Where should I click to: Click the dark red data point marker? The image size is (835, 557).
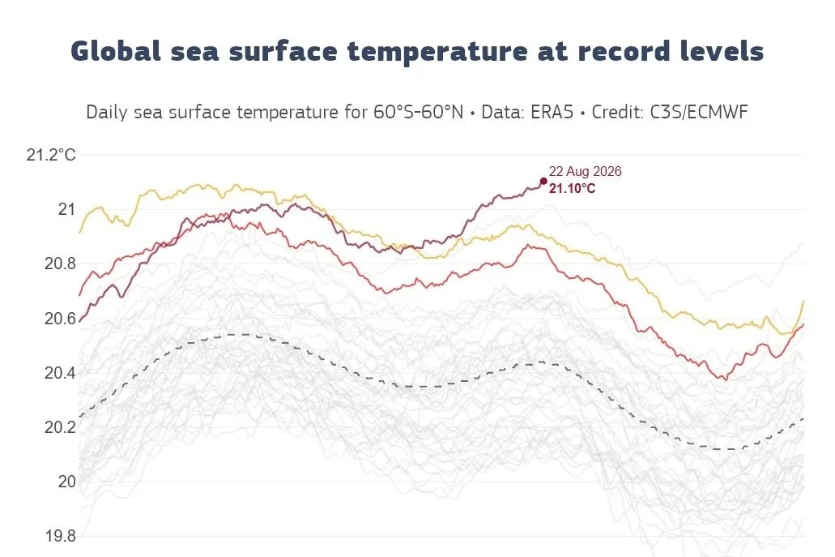point(543,182)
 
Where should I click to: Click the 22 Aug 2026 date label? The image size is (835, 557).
point(586,171)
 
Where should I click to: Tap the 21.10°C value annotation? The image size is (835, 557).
point(572,188)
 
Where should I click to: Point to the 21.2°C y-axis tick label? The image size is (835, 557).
point(51,155)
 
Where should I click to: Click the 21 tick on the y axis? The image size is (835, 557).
point(66,209)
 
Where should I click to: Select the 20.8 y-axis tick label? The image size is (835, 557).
point(60,264)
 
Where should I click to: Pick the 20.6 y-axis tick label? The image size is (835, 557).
point(60,318)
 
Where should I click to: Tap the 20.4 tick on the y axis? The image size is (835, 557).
point(60,373)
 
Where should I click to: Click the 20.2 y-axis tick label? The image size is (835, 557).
point(60,427)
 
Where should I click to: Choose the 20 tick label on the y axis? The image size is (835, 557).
point(66,482)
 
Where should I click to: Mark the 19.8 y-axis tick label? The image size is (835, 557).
point(60,536)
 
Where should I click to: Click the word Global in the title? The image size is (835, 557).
point(116,51)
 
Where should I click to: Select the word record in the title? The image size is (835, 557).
point(624,52)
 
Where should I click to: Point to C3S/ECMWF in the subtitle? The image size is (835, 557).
point(696,112)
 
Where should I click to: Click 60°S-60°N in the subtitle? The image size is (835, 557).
point(418,112)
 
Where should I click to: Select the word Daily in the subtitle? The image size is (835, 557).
point(107,113)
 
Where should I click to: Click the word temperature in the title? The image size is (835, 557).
point(437,52)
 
